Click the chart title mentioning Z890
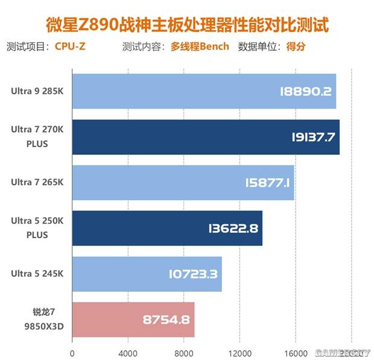(188, 24)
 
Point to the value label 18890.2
(306, 91)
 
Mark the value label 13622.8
(232, 228)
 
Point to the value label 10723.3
(192, 274)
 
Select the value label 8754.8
(166, 320)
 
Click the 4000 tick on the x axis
(128, 353)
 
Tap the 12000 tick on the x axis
(239, 353)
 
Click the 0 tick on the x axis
(72, 353)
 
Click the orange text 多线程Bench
(200, 46)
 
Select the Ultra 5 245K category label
(37, 274)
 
